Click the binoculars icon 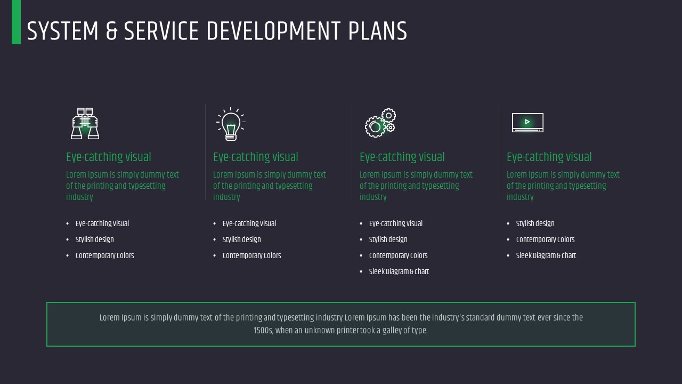85,123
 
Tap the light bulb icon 231,124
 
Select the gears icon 380,123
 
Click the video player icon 527,123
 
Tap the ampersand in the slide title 111,31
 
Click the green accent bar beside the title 16,22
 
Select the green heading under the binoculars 109,157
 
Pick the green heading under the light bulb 256,157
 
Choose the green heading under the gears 402,157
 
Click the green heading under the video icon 549,157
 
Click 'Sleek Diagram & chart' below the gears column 399,272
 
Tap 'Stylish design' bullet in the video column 535,224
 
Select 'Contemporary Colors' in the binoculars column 104,256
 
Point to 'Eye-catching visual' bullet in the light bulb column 249,224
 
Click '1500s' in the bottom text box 263,331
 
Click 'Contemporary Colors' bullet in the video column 545,240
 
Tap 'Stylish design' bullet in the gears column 388,240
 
